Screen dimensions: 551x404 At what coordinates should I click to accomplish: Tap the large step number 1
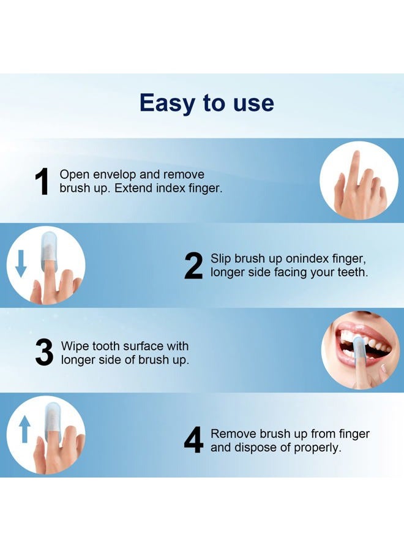pyautogui.click(x=42, y=182)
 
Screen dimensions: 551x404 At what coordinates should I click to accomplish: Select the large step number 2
pyautogui.click(x=193, y=266)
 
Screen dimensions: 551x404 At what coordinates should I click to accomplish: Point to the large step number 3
pyautogui.click(x=44, y=353)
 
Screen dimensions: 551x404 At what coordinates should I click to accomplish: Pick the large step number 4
pyautogui.click(x=193, y=441)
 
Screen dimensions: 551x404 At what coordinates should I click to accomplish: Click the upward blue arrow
pyautogui.click(x=24, y=429)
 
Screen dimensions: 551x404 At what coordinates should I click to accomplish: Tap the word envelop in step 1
pyautogui.click(x=121, y=175)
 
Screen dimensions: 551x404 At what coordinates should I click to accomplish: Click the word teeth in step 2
pyautogui.click(x=353, y=272)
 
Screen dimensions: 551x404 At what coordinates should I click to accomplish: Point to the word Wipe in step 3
pyautogui.click(x=74, y=347)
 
